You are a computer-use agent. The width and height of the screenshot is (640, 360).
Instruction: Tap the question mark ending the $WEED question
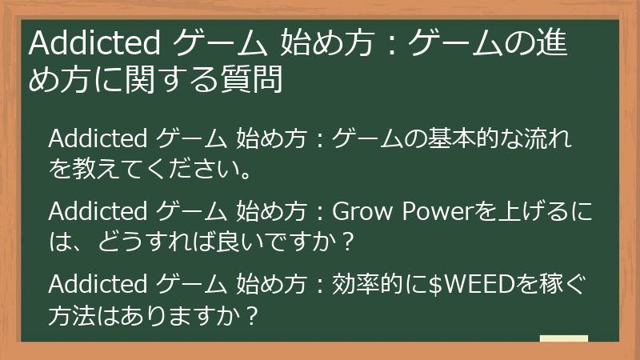(251, 315)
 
